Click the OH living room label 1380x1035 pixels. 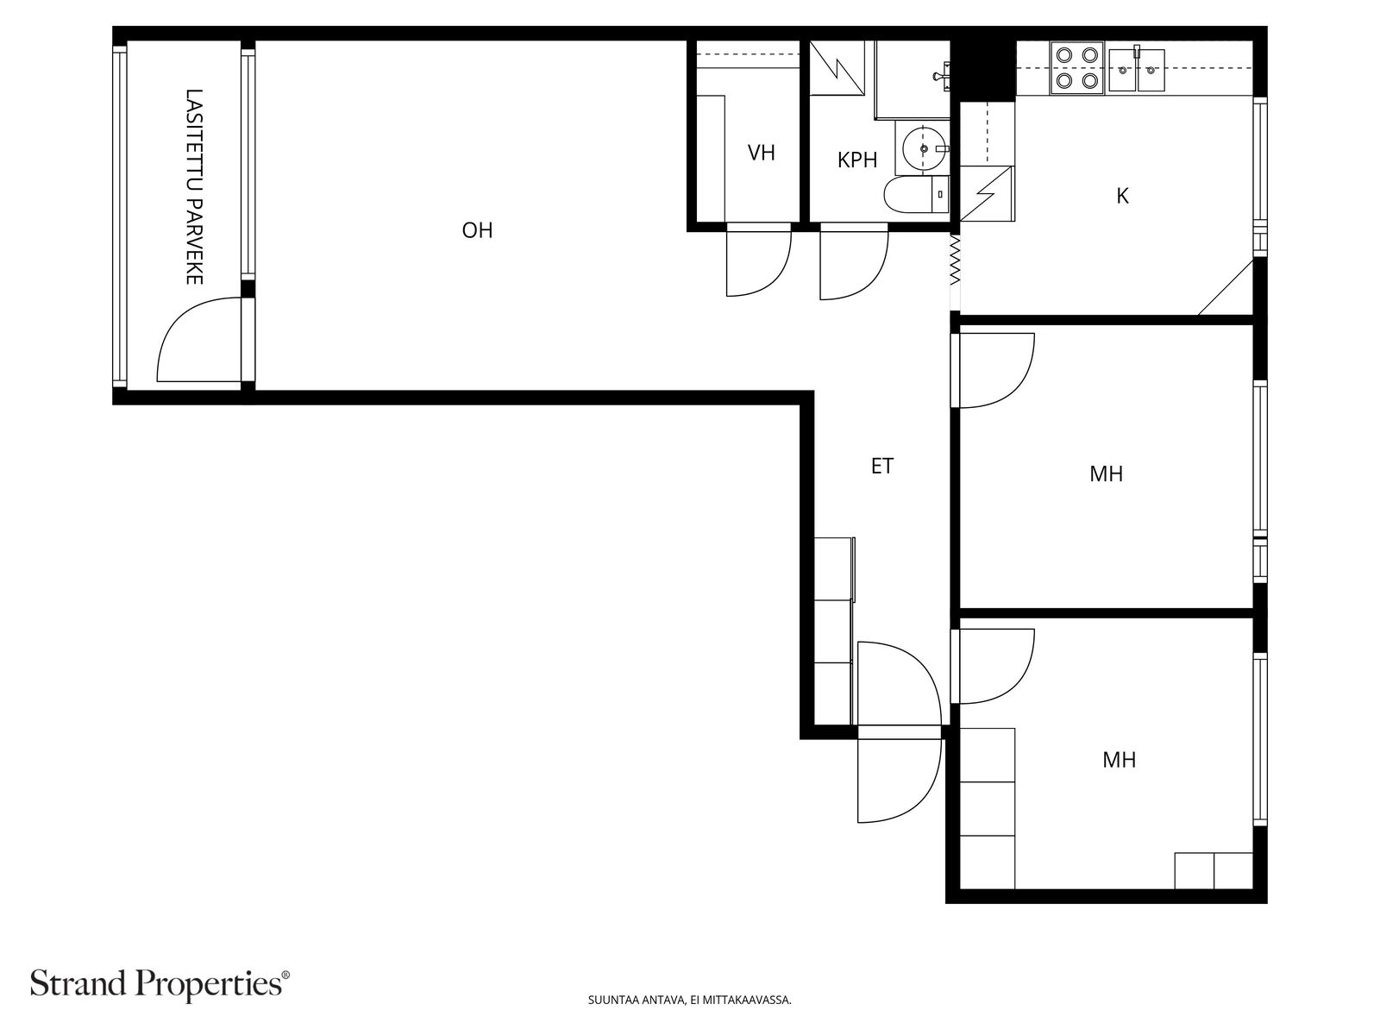click(477, 230)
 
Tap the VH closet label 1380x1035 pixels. click(761, 154)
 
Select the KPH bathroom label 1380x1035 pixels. click(856, 160)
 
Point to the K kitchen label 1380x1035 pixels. click(1122, 196)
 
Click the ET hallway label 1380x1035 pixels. click(881, 467)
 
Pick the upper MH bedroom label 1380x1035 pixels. click(1106, 474)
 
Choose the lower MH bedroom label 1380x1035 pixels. click(1119, 760)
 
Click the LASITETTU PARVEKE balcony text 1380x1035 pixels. click(194, 186)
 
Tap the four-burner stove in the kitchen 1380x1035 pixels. click(1077, 68)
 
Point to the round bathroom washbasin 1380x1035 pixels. click(924, 148)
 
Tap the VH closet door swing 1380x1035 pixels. click(757, 262)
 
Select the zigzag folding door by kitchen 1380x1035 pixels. click(955, 261)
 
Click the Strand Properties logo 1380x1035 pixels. click(160, 983)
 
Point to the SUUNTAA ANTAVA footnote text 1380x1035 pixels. click(689, 1000)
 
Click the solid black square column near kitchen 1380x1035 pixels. click(983, 68)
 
